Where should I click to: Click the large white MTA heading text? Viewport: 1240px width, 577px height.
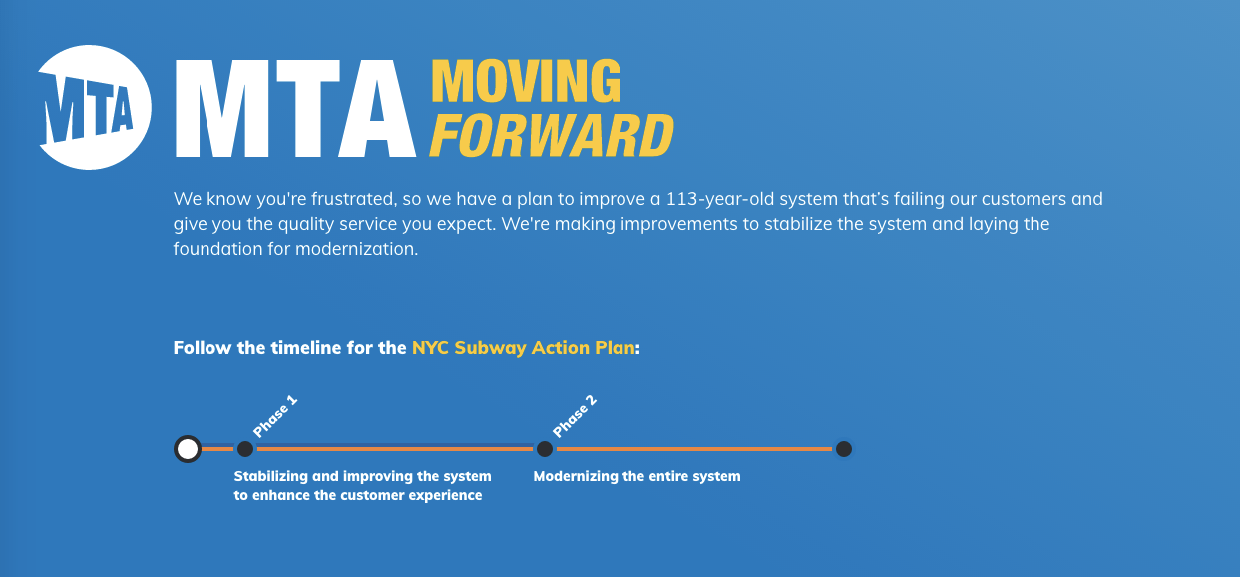pyautogui.click(x=295, y=109)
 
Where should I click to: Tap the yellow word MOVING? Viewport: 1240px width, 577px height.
pyautogui.click(x=526, y=81)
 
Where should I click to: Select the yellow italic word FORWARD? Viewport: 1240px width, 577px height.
pyautogui.click(x=551, y=135)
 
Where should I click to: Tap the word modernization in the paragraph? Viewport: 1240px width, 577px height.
pyautogui.click(x=356, y=249)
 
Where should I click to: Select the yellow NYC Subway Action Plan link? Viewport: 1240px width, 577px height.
pyautogui.click(x=523, y=349)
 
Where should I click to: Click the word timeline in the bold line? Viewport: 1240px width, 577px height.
pyautogui.click(x=305, y=349)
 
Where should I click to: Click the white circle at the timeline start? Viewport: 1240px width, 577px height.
pyautogui.click(x=187, y=449)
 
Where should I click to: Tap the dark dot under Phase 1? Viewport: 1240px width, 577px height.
pyautogui.click(x=245, y=449)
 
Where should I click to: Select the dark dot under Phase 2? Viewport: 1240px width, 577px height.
pyautogui.click(x=545, y=449)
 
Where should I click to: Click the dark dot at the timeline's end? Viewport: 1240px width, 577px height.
pyautogui.click(x=843, y=449)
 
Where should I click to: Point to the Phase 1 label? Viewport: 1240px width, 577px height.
pyautogui.click(x=275, y=416)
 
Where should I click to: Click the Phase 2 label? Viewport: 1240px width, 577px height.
pyautogui.click(x=574, y=416)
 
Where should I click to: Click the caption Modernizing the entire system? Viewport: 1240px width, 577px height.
pyautogui.click(x=636, y=477)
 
